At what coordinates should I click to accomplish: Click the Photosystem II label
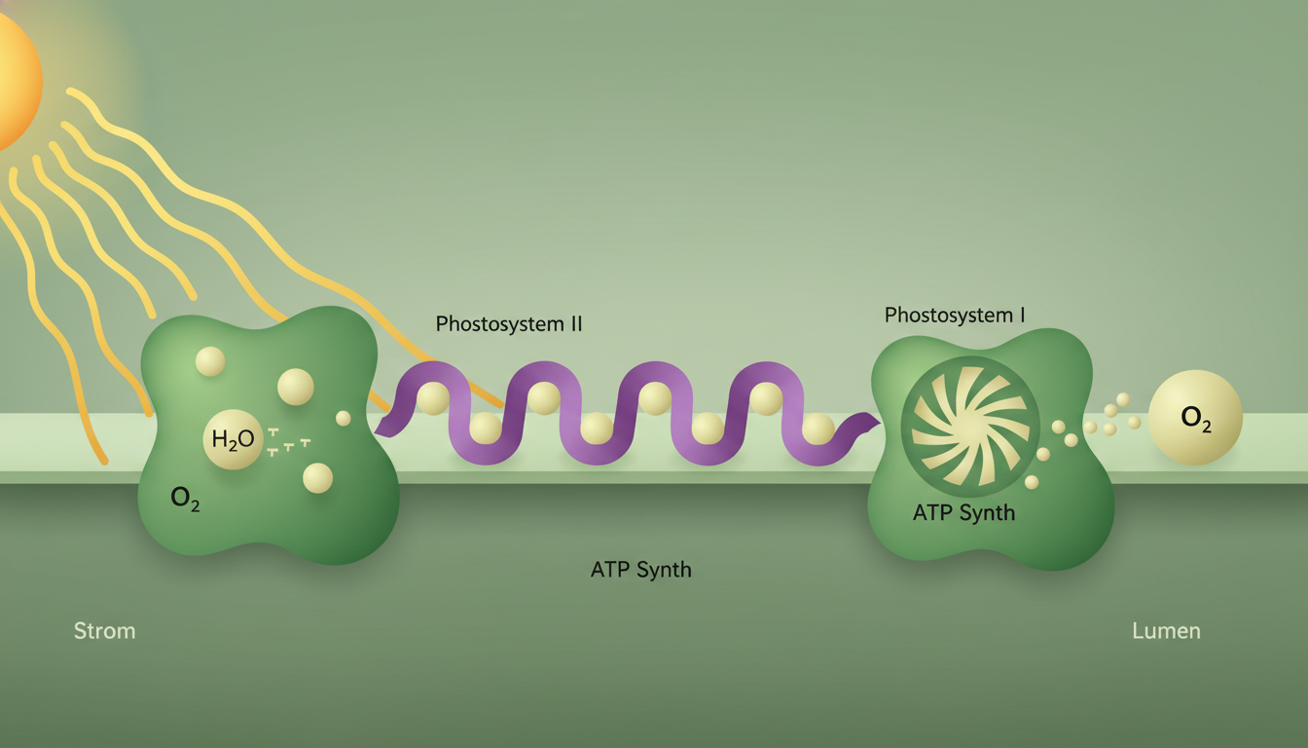click(508, 324)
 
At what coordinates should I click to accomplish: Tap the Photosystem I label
click(954, 316)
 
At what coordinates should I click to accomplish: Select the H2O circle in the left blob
click(233, 439)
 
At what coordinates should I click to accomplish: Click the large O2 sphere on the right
click(1195, 418)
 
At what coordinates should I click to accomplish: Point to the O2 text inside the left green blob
click(185, 499)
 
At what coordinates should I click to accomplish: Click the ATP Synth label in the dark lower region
click(640, 570)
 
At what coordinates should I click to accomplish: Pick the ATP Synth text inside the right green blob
click(963, 512)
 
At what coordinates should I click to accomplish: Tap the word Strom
click(104, 631)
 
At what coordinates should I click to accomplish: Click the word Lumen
click(1166, 631)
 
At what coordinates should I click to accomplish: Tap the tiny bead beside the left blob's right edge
click(343, 418)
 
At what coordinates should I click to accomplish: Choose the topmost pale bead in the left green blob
click(210, 361)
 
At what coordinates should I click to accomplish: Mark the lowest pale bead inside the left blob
click(317, 478)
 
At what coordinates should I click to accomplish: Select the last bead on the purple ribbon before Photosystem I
click(817, 429)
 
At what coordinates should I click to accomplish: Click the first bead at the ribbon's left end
click(432, 399)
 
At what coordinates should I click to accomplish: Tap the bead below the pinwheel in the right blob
click(1032, 482)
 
